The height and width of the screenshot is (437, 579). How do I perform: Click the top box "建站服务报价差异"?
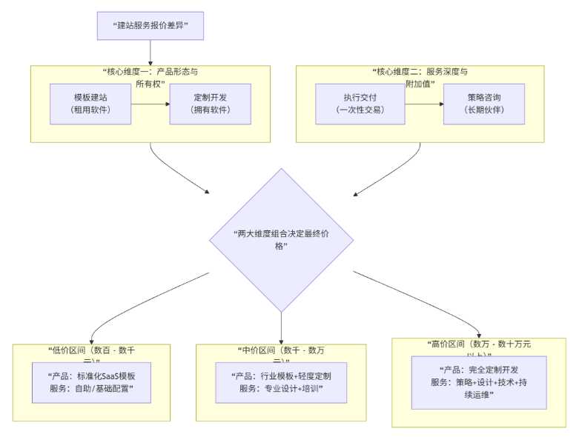pos(150,26)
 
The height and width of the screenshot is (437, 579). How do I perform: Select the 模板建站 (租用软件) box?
pos(91,104)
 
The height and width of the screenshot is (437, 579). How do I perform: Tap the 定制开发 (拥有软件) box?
pos(211,104)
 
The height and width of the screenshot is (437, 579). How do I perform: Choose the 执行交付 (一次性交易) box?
pos(360,104)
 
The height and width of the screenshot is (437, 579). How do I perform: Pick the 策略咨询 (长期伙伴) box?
pos(483,104)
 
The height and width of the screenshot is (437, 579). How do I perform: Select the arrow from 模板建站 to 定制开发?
pos(150,104)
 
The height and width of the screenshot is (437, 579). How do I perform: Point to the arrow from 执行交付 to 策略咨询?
pos(424,104)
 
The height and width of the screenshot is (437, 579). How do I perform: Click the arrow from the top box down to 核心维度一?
pos(150,53)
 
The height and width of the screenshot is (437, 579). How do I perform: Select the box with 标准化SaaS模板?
pos(91,383)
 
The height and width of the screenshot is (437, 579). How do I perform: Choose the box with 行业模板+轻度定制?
pos(281,383)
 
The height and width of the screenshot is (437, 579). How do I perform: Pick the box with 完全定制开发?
pos(479,382)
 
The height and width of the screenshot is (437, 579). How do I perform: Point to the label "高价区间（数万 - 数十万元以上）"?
pos(479,349)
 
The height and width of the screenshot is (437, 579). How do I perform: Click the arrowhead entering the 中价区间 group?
pos(282,340)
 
